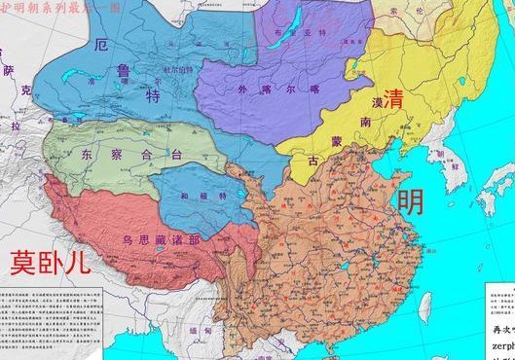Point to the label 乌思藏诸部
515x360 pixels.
pos(156,239)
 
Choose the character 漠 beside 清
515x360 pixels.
pos(377,102)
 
